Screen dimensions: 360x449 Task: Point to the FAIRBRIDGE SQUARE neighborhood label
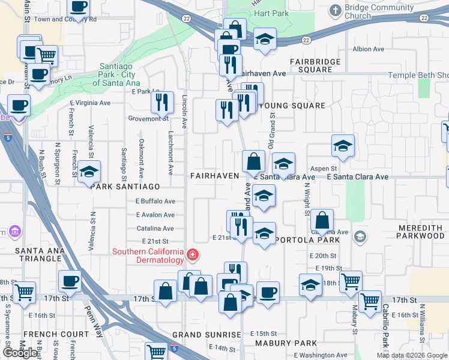pos(315,65)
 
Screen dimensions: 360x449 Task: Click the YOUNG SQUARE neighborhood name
pos(292,106)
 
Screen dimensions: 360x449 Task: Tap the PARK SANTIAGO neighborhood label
pos(125,187)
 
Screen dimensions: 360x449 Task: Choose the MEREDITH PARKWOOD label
pos(421,232)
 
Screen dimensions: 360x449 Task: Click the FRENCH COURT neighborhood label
pos(47,334)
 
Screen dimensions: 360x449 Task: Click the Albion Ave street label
pos(368,49)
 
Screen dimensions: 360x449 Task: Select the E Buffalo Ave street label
pos(155,202)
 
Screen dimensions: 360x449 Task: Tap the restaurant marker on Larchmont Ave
pos(161,103)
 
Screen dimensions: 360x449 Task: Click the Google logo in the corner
pos(20,353)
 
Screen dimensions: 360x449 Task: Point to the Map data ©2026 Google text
pos(412,356)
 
